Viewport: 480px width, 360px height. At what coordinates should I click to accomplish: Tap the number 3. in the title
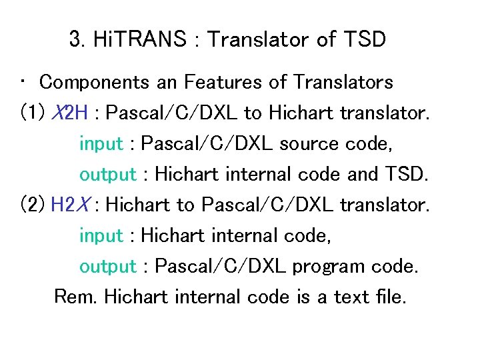pos(76,39)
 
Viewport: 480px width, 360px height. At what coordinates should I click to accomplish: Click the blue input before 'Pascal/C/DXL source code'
pos(101,143)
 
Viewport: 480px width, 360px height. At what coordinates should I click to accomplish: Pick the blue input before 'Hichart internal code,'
pos(101,235)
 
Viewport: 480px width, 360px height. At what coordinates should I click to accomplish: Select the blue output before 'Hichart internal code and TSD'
pos(107,174)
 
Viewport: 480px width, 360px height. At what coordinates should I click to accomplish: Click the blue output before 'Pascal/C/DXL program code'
pos(107,266)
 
